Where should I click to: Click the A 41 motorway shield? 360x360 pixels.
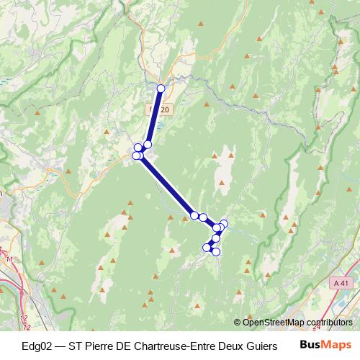pyautogui.click(x=345, y=284)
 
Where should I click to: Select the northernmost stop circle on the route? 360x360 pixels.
pyautogui.click(x=161, y=89)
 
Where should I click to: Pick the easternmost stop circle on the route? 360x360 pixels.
pyautogui.click(x=223, y=224)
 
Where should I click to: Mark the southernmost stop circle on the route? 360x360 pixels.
pyautogui.click(x=215, y=251)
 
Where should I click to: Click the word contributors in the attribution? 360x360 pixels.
pyautogui.click(x=328, y=323)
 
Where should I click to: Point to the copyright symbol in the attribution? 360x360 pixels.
pyautogui.click(x=238, y=323)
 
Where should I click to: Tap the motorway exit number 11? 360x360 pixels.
pyautogui.click(x=9, y=258)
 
